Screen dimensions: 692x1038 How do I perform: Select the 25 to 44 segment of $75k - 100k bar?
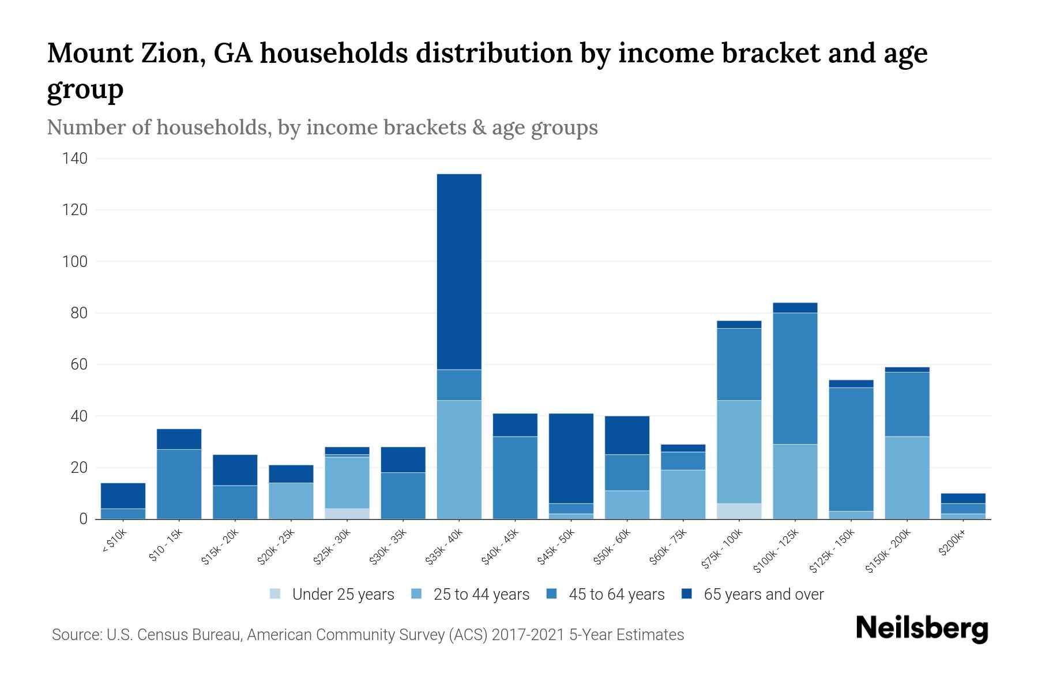(x=739, y=452)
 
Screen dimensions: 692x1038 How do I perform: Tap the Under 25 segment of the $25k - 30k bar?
(x=347, y=513)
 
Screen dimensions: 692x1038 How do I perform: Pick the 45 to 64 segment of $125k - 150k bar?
(x=851, y=449)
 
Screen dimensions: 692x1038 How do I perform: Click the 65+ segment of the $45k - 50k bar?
(x=571, y=458)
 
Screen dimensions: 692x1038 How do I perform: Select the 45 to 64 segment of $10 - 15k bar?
(x=179, y=484)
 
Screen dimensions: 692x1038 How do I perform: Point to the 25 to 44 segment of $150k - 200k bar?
(x=907, y=477)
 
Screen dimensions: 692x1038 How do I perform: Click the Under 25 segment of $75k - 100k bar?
(x=739, y=511)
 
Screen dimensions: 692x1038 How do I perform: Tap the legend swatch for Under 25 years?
(x=276, y=594)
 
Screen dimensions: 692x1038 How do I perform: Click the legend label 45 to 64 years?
(x=616, y=595)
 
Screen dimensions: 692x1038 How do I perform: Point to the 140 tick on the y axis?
(x=75, y=159)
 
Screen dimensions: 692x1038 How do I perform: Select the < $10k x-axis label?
(x=114, y=541)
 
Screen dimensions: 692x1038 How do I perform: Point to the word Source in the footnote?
(x=76, y=635)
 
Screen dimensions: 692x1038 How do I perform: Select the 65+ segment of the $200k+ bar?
(x=962, y=498)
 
